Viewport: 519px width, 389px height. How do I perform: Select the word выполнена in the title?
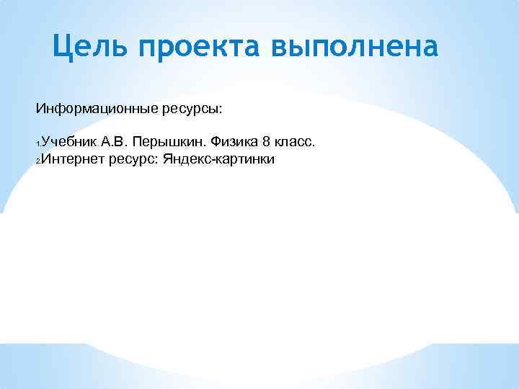(x=354, y=48)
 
